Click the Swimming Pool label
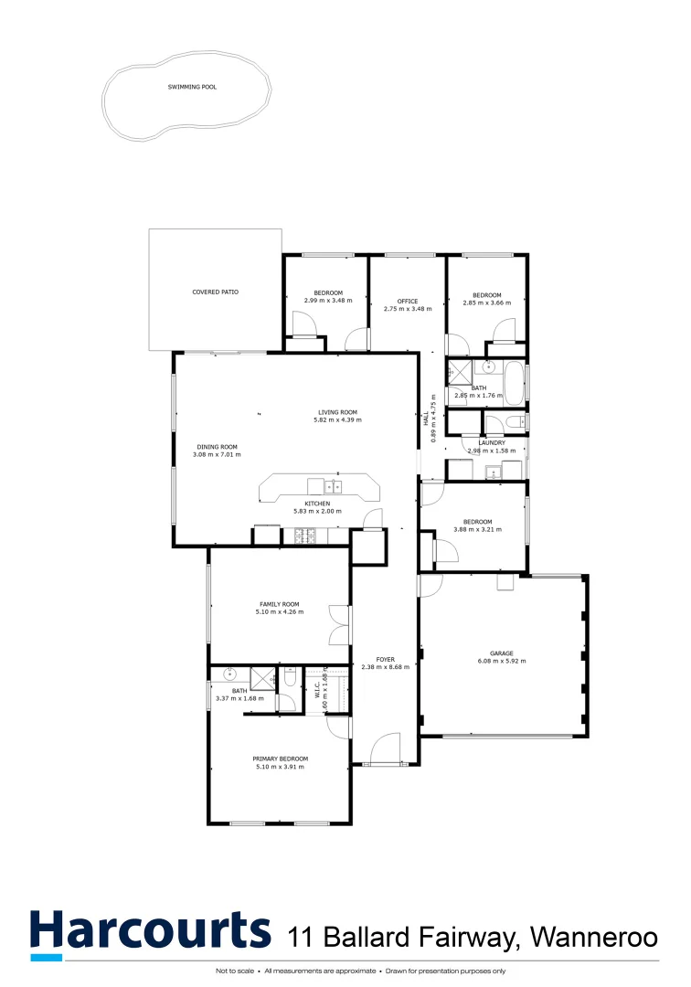(192, 87)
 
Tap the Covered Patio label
(215, 292)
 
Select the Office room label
(407, 301)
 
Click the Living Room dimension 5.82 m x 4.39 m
(337, 419)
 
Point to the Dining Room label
(215, 446)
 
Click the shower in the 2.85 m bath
(457, 372)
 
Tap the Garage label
(501, 653)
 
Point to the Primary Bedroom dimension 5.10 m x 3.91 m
(280, 767)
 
